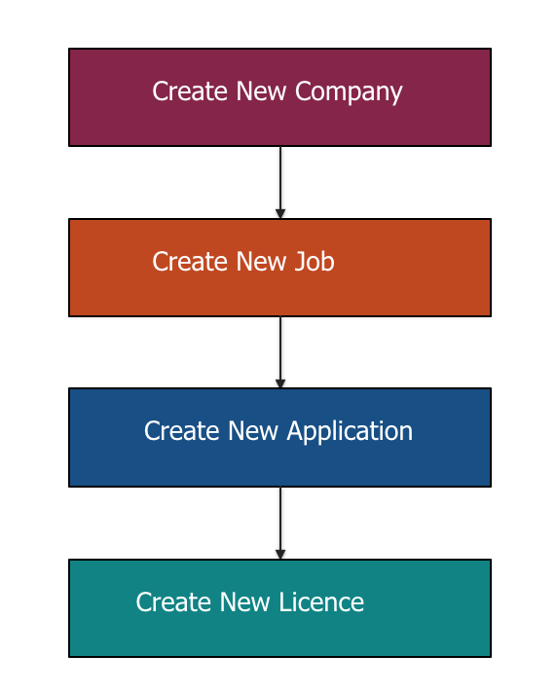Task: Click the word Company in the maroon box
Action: (349, 92)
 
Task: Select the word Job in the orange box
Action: (315, 261)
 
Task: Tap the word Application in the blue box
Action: (350, 431)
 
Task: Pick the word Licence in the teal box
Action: (321, 601)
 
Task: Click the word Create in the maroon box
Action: (191, 91)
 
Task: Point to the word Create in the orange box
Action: (191, 261)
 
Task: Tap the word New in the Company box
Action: (261, 91)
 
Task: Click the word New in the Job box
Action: (261, 261)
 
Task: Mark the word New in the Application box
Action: (253, 430)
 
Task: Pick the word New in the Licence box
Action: (244, 601)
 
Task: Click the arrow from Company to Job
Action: (280, 182)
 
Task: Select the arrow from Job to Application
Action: (280, 352)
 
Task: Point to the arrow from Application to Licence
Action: (280, 523)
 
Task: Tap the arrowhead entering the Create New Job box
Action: (280, 213)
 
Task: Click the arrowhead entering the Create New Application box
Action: (280, 383)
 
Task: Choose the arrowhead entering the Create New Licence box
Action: (280, 555)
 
